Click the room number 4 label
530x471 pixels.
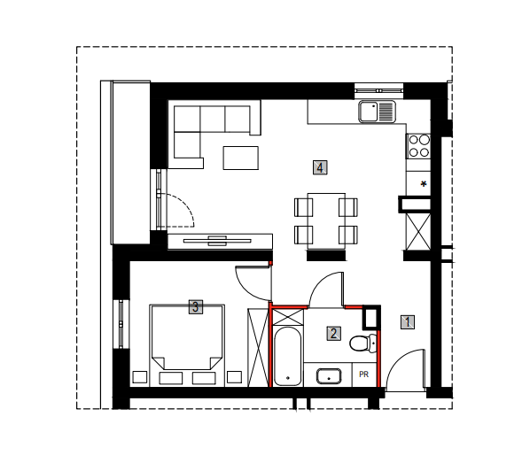point(320,168)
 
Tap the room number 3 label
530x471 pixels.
point(195,307)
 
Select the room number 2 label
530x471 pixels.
point(333,334)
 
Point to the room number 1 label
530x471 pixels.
point(408,322)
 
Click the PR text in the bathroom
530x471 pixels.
point(363,374)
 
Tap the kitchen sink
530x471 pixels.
point(378,112)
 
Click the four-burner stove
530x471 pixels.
point(418,146)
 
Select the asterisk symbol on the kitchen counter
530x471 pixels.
point(423,184)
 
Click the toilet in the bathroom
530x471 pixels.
point(363,344)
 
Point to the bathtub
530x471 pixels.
point(287,356)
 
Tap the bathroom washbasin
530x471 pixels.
point(329,376)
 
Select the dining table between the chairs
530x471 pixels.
point(326,221)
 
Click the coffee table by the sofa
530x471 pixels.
point(241,158)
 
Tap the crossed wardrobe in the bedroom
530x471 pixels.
point(258,347)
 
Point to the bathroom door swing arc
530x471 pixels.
point(320,282)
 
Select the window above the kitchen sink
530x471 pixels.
point(379,90)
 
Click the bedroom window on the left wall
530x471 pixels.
point(121,324)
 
